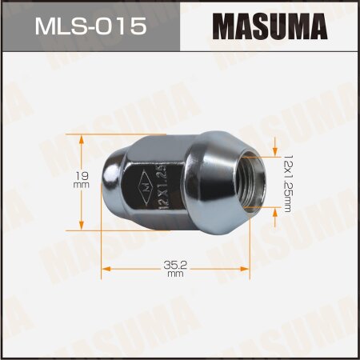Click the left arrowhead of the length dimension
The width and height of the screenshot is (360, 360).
(x=104, y=266)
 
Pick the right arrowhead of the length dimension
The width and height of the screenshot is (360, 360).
(x=246, y=266)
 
